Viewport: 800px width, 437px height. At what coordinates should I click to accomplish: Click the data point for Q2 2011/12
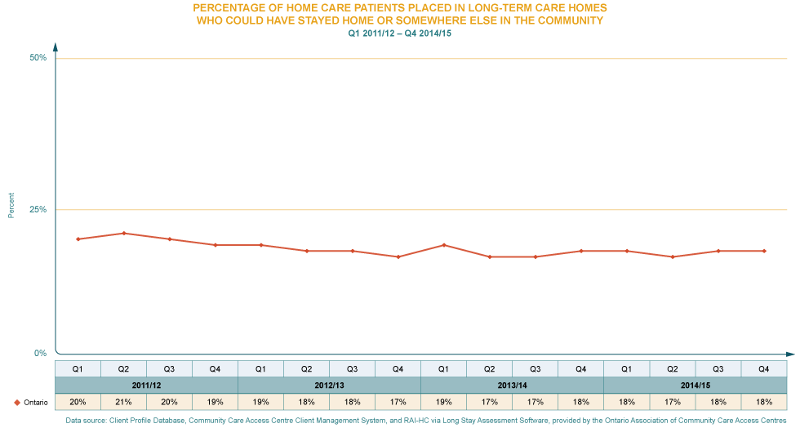[x=123, y=233]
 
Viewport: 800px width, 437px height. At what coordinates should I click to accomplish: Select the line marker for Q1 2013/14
[x=443, y=245]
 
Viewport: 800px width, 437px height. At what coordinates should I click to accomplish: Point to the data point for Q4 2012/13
[x=398, y=256]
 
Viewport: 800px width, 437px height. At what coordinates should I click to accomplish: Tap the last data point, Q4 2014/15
[x=764, y=251]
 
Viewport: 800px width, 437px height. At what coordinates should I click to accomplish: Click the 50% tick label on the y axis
[x=38, y=55]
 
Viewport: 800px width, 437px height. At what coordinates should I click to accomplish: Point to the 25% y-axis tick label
[x=38, y=208]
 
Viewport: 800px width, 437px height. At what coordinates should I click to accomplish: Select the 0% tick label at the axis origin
[x=40, y=351]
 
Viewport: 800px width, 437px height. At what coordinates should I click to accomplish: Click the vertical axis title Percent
[x=11, y=205]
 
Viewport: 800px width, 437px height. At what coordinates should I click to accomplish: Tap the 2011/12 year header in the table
[x=146, y=385]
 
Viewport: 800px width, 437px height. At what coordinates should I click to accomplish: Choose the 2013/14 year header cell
[x=512, y=385]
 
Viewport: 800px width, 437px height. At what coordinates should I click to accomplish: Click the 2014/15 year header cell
[x=695, y=385]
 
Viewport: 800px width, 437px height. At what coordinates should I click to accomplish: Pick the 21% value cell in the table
[x=123, y=402]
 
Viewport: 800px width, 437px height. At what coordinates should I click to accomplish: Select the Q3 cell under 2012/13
[x=352, y=368]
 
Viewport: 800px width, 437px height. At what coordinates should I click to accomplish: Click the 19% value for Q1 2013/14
[x=443, y=402]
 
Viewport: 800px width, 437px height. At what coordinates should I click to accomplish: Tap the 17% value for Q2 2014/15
[x=672, y=402]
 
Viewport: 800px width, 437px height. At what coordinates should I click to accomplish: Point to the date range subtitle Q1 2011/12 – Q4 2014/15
[x=399, y=33]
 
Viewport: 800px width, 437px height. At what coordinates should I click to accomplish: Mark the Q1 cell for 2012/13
[x=260, y=368]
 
